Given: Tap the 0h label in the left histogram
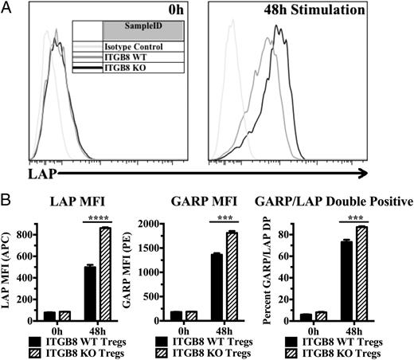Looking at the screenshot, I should tap(185, 14).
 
